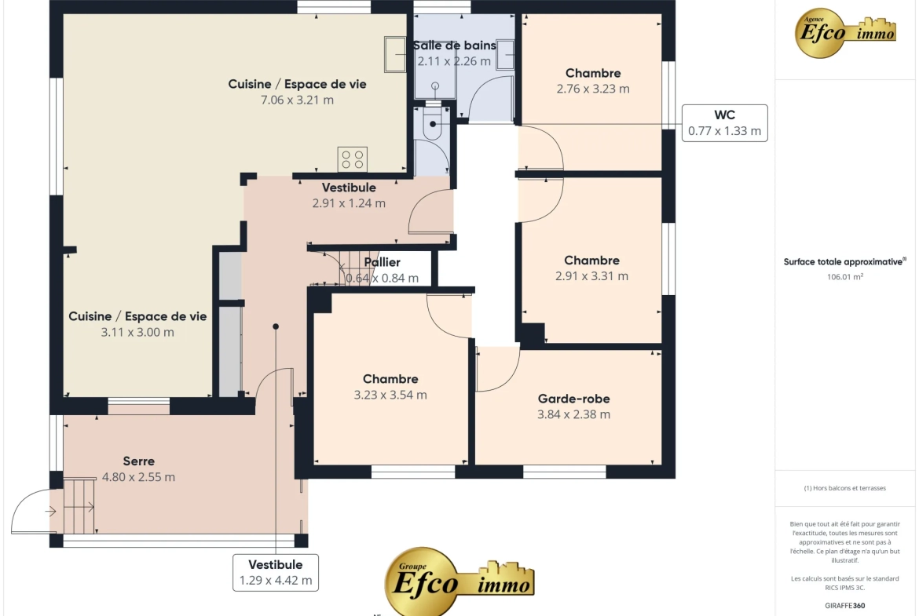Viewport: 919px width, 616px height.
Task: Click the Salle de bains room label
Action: pyautogui.click(x=454, y=45)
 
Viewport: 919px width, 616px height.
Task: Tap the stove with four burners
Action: pyautogui.click(x=352, y=159)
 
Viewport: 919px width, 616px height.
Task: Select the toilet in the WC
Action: pyautogui.click(x=432, y=124)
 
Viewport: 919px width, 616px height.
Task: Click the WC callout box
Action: pyautogui.click(x=724, y=123)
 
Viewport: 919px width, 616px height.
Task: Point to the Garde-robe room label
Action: pyautogui.click(x=574, y=399)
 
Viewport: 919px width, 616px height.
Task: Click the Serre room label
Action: pyautogui.click(x=139, y=461)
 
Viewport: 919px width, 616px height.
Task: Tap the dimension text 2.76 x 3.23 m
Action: pyautogui.click(x=593, y=89)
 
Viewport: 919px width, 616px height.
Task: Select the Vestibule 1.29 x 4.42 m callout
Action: pyautogui.click(x=276, y=573)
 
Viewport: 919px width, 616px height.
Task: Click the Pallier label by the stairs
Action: pyautogui.click(x=383, y=262)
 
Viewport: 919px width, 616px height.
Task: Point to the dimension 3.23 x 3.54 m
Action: pyautogui.click(x=390, y=395)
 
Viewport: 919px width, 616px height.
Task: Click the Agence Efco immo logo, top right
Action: pyautogui.click(x=844, y=34)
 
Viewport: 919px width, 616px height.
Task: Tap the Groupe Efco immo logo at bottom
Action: pyautogui.click(x=459, y=580)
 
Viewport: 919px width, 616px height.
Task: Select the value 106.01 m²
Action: pyautogui.click(x=844, y=277)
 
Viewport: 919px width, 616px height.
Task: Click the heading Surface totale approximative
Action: pyautogui.click(x=844, y=262)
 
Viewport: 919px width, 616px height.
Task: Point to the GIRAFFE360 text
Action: pyautogui.click(x=844, y=606)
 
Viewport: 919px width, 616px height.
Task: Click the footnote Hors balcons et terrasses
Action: pyautogui.click(x=844, y=488)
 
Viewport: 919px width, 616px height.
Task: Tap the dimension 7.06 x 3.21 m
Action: pyautogui.click(x=297, y=100)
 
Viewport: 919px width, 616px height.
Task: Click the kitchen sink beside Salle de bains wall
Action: pyautogui.click(x=395, y=54)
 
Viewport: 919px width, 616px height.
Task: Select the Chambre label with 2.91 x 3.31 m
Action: pyautogui.click(x=592, y=261)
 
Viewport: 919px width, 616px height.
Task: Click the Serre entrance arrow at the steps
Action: pyautogui.click(x=51, y=511)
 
